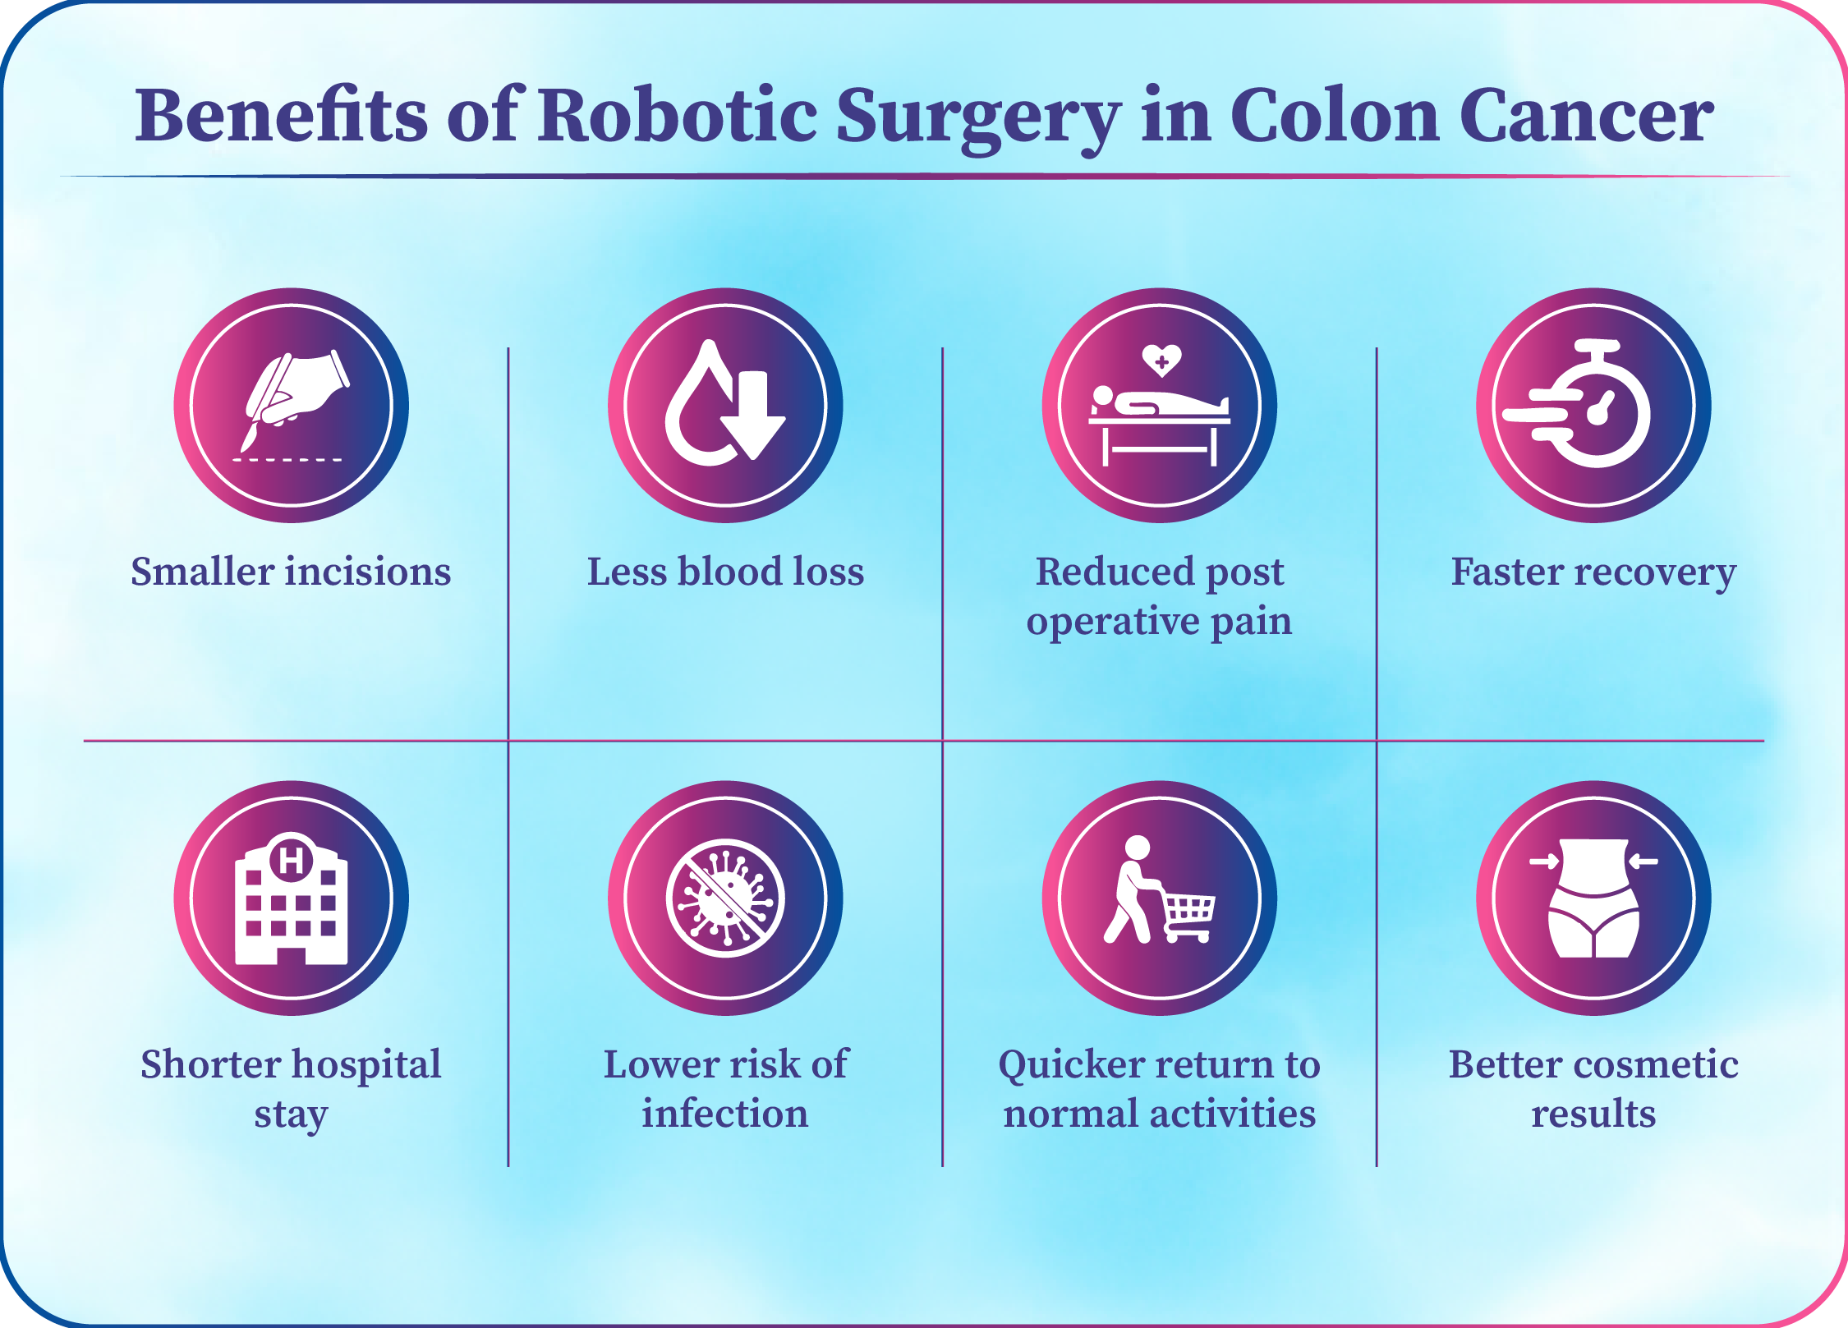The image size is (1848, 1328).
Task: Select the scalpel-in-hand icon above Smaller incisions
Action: coord(292,405)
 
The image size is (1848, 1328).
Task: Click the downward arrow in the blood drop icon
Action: coord(753,415)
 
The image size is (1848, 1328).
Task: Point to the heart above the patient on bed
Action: coord(1161,360)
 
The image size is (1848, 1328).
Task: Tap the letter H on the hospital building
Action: coord(292,861)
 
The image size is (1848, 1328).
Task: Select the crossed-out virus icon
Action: coord(725,898)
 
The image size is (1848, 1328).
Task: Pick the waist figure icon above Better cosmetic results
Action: coord(1593,898)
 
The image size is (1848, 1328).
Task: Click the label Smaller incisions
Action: coord(291,572)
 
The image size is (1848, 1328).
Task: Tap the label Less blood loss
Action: coord(725,572)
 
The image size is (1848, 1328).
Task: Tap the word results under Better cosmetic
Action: coord(1593,1114)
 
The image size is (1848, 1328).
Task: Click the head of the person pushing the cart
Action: coord(1138,848)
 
